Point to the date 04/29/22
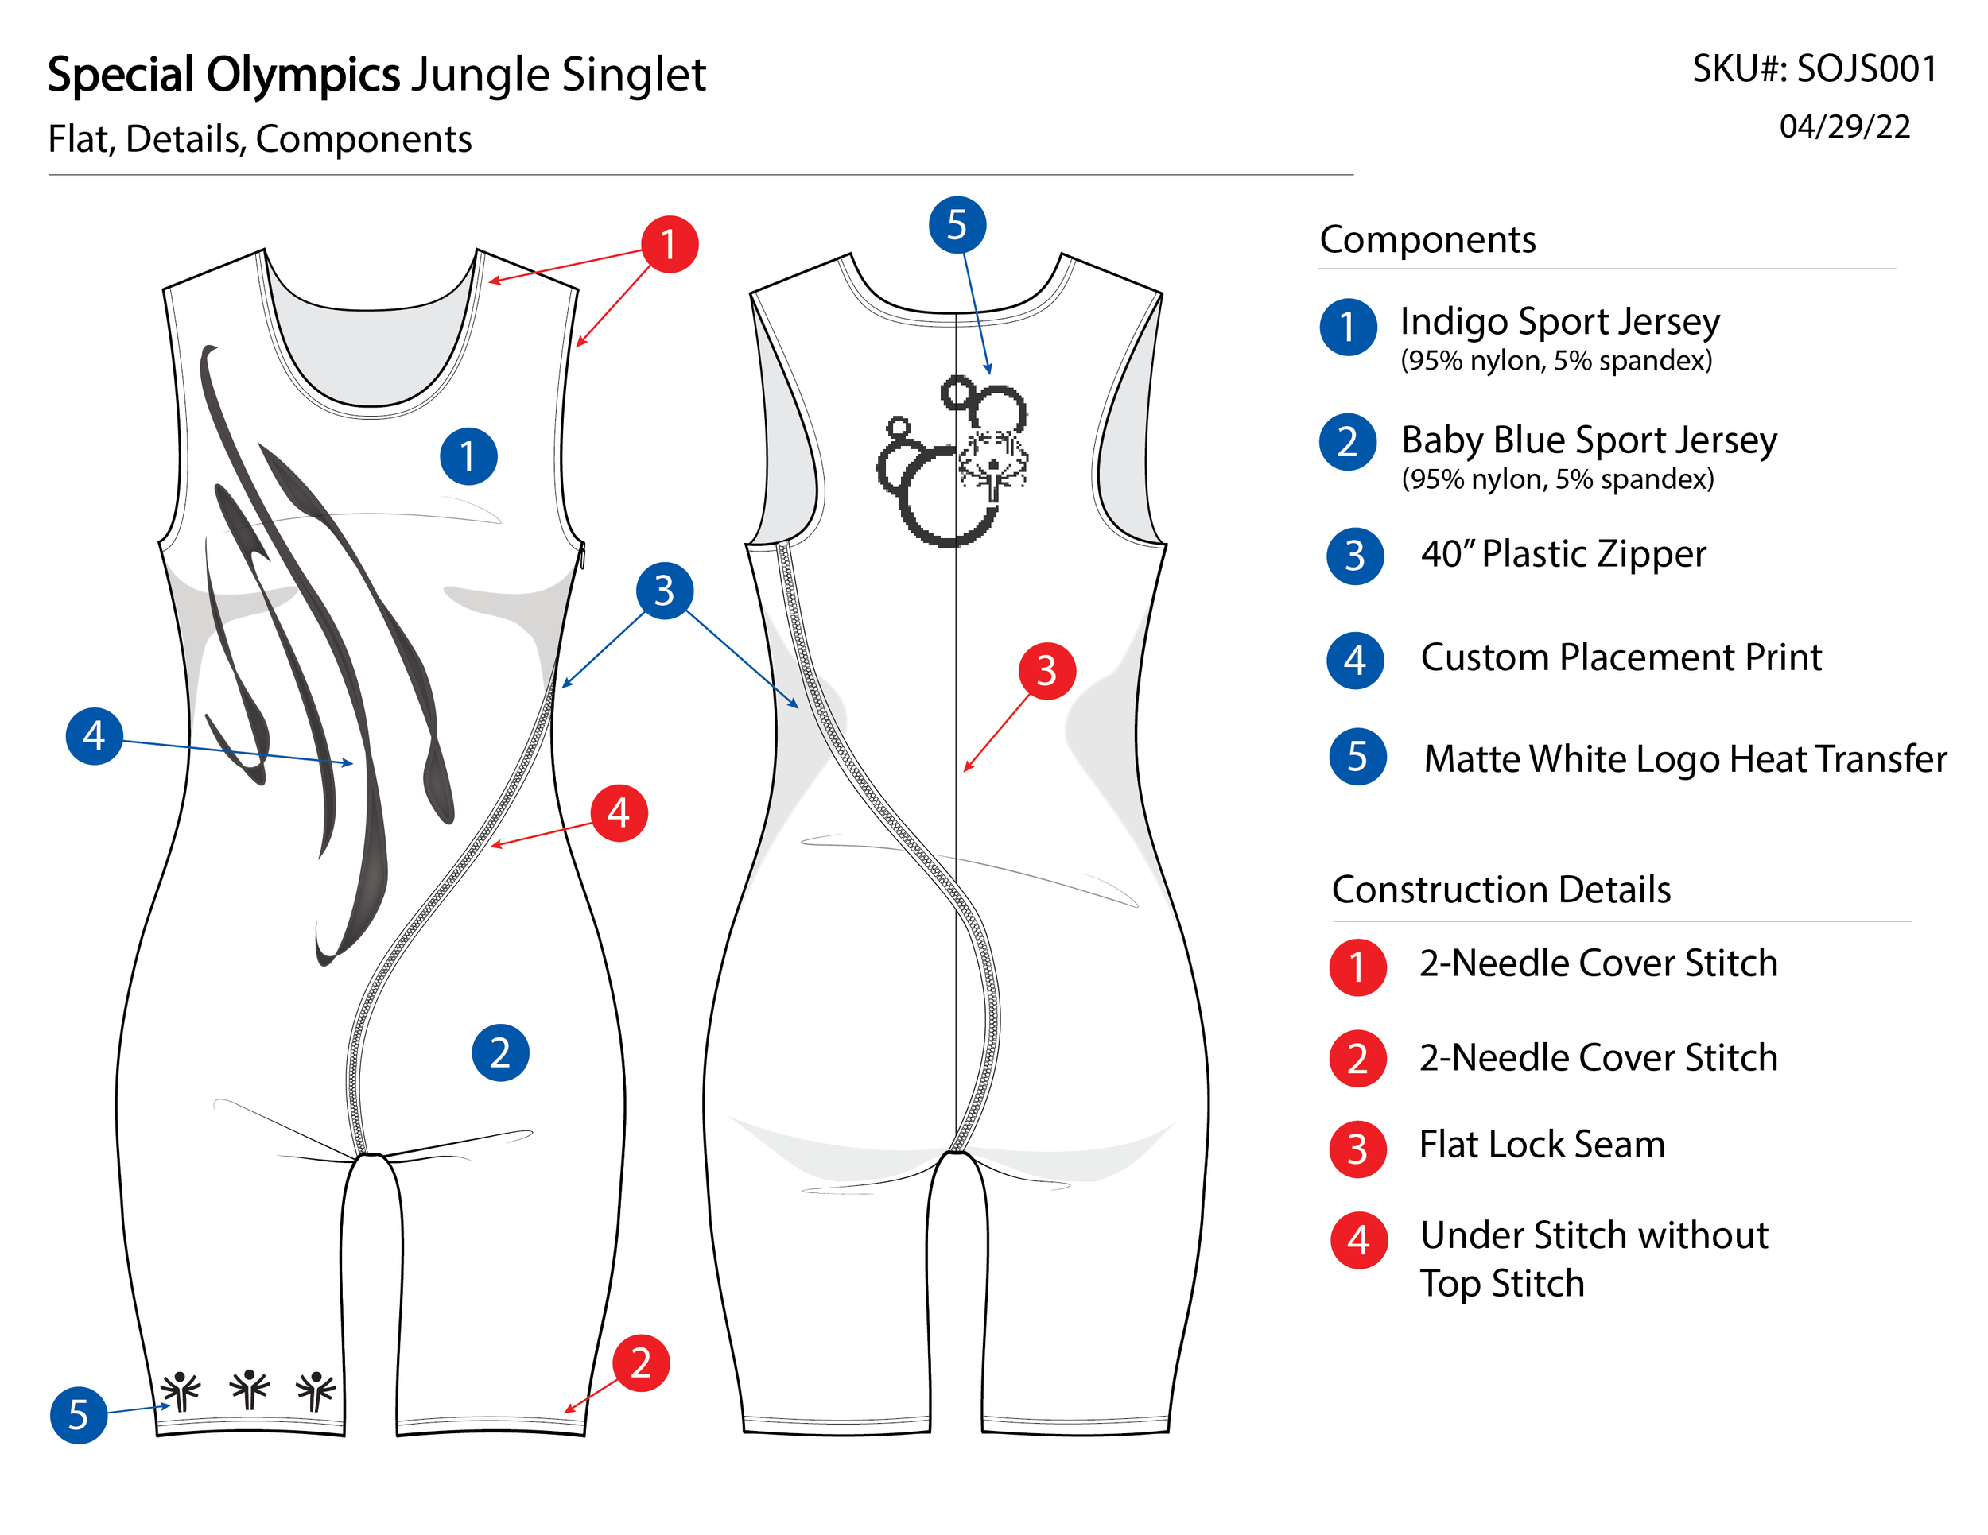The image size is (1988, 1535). [1844, 126]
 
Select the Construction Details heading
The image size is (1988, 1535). [1501, 889]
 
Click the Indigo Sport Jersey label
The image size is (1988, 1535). [1559, 321]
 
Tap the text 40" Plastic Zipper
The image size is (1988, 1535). [1563, 554]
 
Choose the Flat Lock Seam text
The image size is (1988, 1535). [1542, 1145]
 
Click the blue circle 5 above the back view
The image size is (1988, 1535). [957, 225]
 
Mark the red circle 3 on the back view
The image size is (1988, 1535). [1046, 672]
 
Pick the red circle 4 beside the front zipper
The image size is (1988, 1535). [619, 812]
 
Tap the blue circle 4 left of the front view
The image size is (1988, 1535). [95, 735]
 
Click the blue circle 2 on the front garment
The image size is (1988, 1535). [499, 1052]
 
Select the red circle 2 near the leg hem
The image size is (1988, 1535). [641, 1363]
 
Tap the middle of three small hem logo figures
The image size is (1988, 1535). [248, 1390]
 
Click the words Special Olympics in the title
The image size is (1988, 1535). [223, 75]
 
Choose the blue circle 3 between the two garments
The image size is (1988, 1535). [665, 591]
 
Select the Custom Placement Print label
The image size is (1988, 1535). [1621, 657]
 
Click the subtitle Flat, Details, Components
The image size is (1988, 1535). [259, 139]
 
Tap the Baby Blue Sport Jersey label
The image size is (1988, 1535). [1588, 440]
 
